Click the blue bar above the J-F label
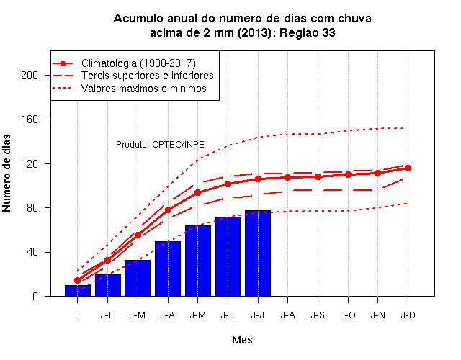pyautogui.click(x=107, y=285)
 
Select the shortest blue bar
pyautogui.click(x=78, y=290)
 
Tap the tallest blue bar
pyautogui.click(x=258, y=253)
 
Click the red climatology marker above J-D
pyautogui.click(x=408, y=168)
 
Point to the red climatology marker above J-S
pyautogui.click(x=318, y=176)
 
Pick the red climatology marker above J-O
pyautogui.click(x=348, y=174)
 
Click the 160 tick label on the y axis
pyautogui.click(x=30, y=120)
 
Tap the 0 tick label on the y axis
pyautogui.click(x=35, y=296)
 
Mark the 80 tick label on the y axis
pyautogui.click(x=32, y=208)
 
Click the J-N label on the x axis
pyautogui.click(x=377, y=315)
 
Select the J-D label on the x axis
pyautogui.click(x=408, y=315)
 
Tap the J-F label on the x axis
pyautogui.click(x=107, y=315)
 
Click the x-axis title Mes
pyautogui.click(x=242, y=340)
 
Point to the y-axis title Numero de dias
pyautogui.click(x=6, y=173)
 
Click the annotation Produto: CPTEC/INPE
pyautogui.click(x=160, y=145)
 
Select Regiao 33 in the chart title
pyautogui.click(x=308, y=32)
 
